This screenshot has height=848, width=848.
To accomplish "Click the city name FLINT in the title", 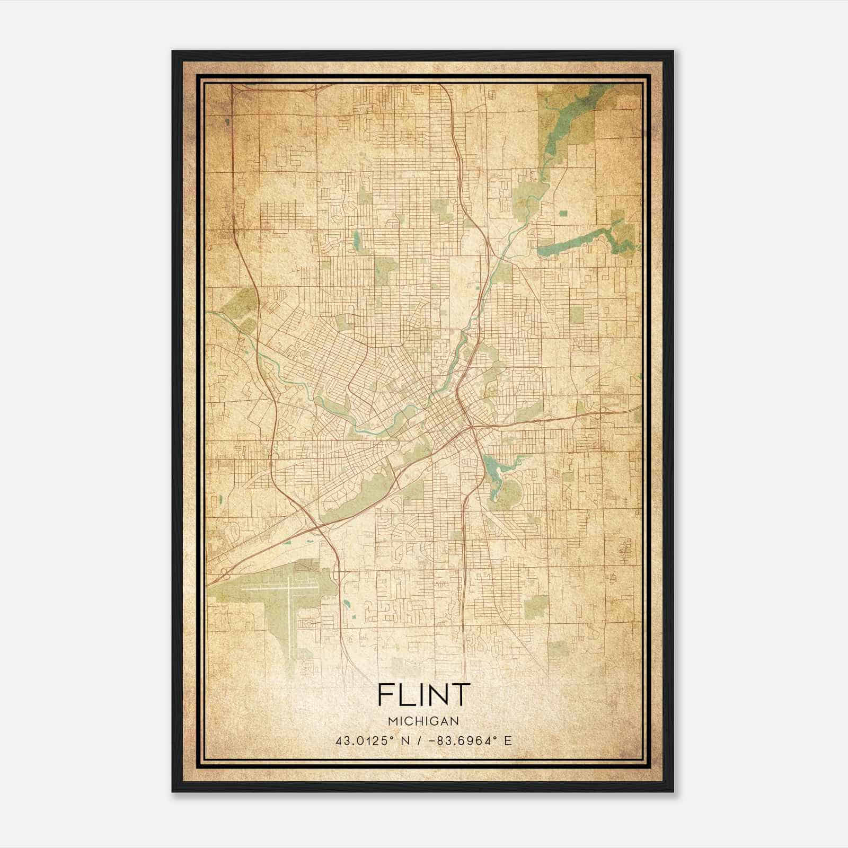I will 423,695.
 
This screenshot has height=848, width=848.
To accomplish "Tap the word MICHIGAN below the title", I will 423,721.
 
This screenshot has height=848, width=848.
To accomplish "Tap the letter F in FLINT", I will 386,695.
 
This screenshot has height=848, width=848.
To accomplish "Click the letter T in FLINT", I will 461,695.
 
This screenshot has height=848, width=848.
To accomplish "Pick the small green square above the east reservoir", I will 563,213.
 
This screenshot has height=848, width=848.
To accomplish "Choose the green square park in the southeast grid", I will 536,607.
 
